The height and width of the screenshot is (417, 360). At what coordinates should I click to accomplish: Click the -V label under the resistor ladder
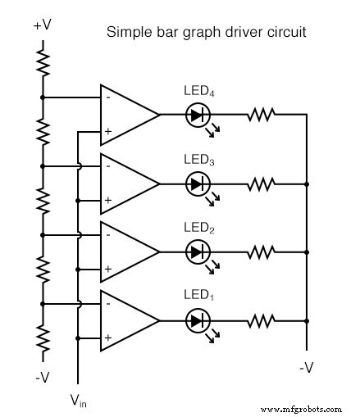pyautogui.click(x=43, y=378)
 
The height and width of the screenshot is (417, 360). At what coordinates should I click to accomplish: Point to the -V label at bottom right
pyautogui.click(x=306, y=368)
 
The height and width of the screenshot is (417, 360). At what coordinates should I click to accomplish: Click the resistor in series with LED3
pyautogui.click(x=261, y=184)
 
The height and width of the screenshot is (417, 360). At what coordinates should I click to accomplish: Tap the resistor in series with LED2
pyautogui.click(x=261, y=252)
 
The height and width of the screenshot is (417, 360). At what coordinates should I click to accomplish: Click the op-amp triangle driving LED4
pyautogui.click(x=125, y=115)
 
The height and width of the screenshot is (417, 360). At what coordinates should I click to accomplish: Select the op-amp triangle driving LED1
pyautogui.click(x=125, y=320)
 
